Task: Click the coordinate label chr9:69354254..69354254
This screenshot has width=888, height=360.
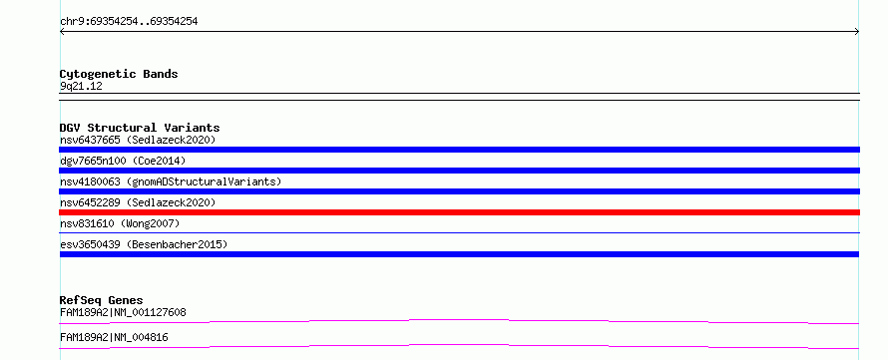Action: pyautogui.click(x=129, y=22)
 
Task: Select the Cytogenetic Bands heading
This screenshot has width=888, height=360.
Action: pyautogui.click(x=119, y=74)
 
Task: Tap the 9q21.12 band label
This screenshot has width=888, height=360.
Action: pyautogui.click(x=81, y=87)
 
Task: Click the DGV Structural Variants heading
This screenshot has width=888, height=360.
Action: pyautogui.click(x=140, y=128)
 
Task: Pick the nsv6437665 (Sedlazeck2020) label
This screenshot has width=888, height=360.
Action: pyautogui.click(x=138, y=140)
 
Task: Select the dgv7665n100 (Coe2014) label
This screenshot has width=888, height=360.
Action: pyautogui.click(x=123, y=161)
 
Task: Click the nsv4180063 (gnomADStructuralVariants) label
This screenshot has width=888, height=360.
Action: pyautogui.click(x=171, y=181)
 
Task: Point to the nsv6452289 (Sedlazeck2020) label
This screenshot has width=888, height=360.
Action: pyautogui.click(x=138, y=202)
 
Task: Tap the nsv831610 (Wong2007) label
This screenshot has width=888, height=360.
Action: pyautogui.click(x=120, y=223)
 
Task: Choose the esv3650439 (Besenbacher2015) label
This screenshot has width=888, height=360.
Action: pyautogui.click(x=144, y=244)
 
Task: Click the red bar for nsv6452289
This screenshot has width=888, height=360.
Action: pyautogui.click(x=459, y=212)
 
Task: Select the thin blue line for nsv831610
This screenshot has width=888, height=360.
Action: pyautogui.click(x=459, y=232)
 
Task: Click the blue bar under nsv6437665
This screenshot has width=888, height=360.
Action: pyautogui.click(x=459, y=150)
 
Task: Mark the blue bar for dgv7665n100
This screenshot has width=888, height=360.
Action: pyautogui.click(x=459, y=171)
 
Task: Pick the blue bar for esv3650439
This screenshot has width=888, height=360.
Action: pyautogui.click(x=459, y=254)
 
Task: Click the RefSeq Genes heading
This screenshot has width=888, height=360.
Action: pyautogui.click(x=102, y=300)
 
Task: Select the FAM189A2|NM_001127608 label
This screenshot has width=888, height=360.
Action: pyautogui.click(x=123, y=312)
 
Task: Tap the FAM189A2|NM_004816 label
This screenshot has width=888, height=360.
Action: pyautogui.click(x=114, y=338)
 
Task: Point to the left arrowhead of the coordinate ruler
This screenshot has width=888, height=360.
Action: pyautogui.click(x=61, y=32)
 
